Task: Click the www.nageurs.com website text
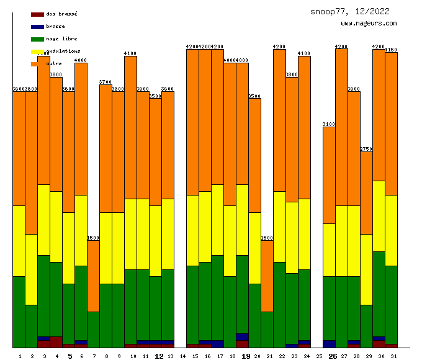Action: click(369, 24)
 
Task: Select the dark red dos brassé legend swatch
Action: click(37, 14)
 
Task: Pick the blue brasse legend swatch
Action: click(37, 27)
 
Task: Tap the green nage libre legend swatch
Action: click(37, 39)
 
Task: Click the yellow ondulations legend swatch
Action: click(37, 52)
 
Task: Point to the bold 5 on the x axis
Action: click(70, 356)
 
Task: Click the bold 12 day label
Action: click(159, 356)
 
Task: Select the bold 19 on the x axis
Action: click(246, 356)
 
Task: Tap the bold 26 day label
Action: click(333, 356)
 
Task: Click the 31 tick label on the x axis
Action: click(393, 356)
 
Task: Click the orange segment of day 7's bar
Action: click(93, 276)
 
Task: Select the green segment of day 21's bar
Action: click(267, 329)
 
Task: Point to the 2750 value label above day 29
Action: click(366, 149)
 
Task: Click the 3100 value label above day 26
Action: click(329, 124)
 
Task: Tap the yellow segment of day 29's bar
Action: click(366, 269)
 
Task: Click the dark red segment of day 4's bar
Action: click(56, 341)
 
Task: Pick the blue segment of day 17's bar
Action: click(217, 344)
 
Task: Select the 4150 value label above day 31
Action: click(391, 50)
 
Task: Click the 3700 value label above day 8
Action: click(105, 82)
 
